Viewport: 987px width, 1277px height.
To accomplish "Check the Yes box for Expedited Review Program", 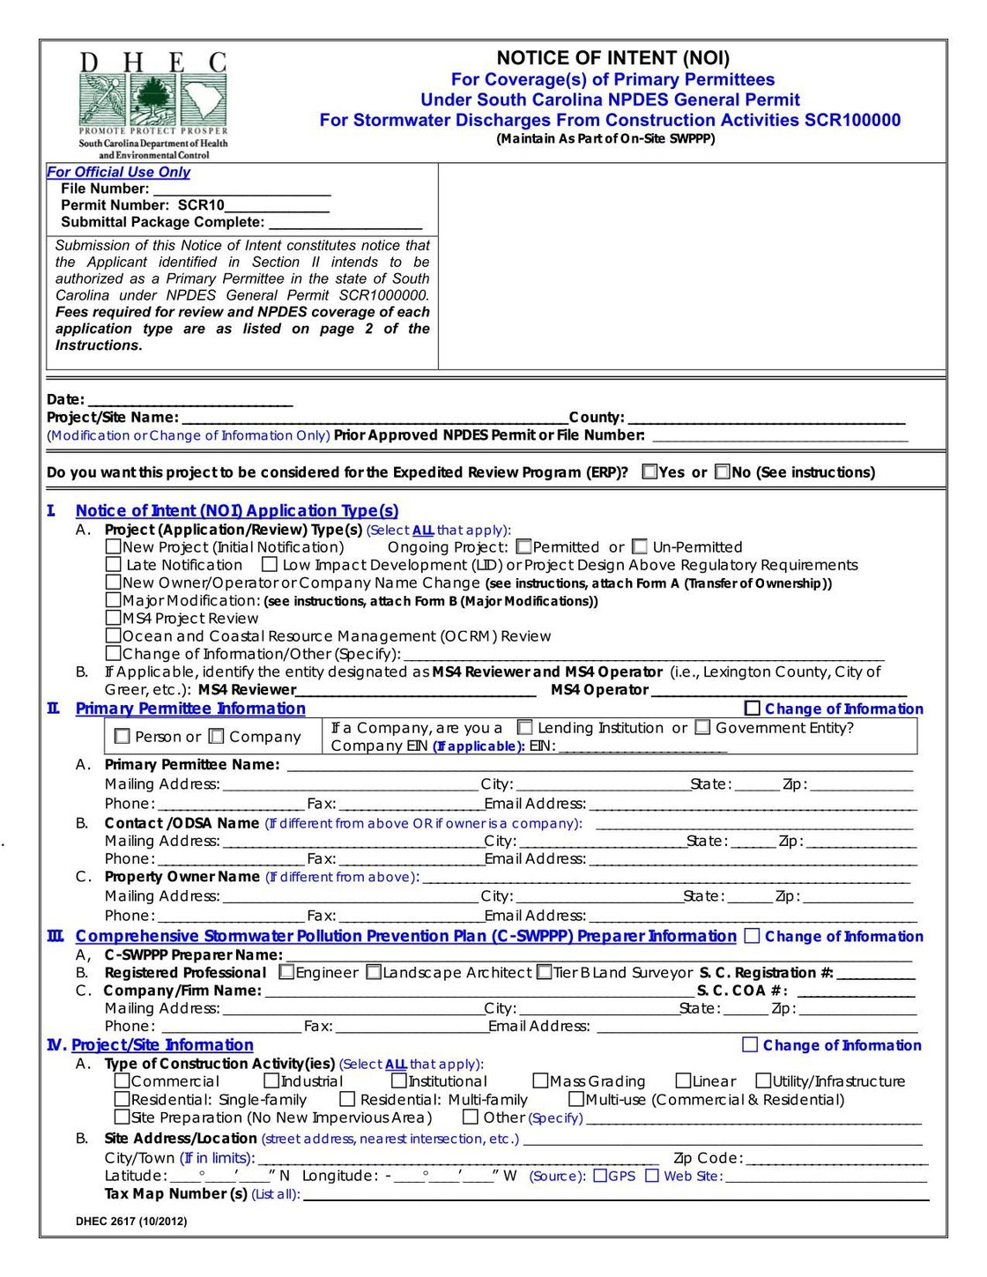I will (650, 471).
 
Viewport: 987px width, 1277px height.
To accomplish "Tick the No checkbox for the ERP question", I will (723, 471).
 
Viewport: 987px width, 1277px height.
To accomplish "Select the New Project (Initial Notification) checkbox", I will (113, 546).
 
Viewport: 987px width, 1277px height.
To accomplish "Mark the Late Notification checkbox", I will (113, 564).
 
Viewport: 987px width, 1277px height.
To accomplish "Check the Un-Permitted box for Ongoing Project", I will (640, 546).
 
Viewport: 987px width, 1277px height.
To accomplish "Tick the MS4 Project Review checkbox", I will (113, 618).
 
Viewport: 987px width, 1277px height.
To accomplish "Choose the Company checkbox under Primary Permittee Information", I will (217, 736).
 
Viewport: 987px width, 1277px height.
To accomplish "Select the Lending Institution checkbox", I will (525, 727).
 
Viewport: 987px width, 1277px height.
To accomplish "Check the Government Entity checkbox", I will (702, 727).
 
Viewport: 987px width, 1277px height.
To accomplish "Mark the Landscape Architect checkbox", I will (374, 972).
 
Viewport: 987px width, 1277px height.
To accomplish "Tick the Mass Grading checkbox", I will (541, 1080).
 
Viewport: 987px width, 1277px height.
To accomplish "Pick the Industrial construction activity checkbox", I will (271, 1080).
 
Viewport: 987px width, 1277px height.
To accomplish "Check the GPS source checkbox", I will (600, 1176).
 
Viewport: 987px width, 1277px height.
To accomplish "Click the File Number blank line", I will (241, 190).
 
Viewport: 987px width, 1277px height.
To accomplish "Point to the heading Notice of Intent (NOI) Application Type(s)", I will (236, 510).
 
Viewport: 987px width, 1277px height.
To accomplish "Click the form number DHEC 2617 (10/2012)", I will (131, 1221).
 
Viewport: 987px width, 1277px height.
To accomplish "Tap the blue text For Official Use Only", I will (118, 173).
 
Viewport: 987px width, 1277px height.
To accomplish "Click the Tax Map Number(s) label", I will (175, 1193).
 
